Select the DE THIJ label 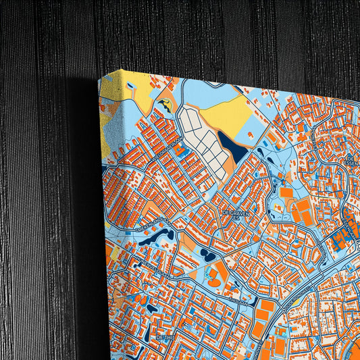pyautogui.click(x=164, y=336)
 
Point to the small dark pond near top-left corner pyautogui.click(x=164, y=103)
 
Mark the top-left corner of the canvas pyautogui.click(x=99, y=77)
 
